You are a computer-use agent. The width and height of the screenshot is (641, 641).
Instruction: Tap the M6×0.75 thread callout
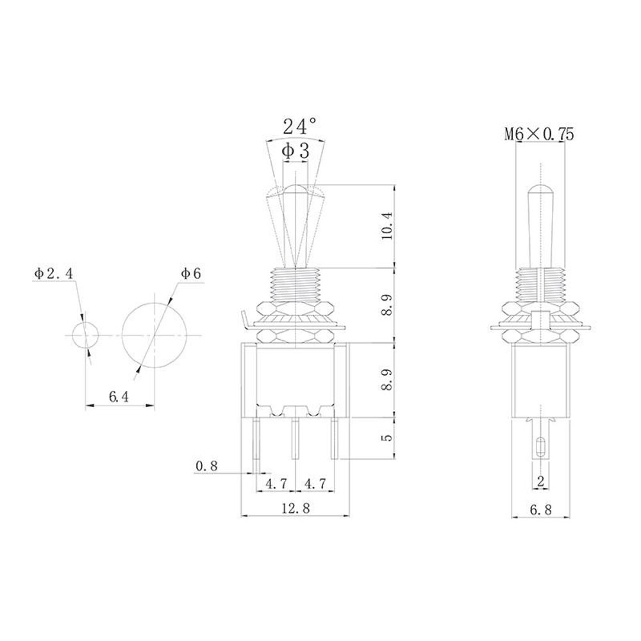(538, 134)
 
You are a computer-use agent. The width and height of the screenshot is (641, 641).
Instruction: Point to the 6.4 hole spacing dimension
(119, 397)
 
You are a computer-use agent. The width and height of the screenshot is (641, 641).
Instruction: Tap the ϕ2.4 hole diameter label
(54, 274)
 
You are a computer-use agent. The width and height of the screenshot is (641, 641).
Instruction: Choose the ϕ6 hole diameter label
(191, 274)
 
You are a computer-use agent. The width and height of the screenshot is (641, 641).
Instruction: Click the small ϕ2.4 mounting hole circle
(85, 335)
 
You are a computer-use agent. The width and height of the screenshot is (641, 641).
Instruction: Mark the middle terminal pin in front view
(295, 438)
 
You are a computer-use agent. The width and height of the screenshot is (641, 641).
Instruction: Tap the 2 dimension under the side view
(540, 481)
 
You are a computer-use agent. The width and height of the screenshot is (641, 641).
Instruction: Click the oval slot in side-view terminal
(541, 446)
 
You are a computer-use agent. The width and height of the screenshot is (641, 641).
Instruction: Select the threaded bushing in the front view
(295, 283)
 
